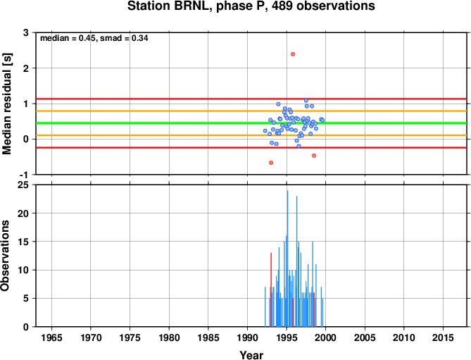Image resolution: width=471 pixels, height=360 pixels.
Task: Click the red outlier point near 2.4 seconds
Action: coord(293,54)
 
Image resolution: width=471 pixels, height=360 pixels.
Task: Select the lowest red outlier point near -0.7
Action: coord(271,163)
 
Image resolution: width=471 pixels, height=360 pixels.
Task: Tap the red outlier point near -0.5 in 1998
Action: coord(314,156)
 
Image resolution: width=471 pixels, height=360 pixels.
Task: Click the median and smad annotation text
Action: coord(94,38)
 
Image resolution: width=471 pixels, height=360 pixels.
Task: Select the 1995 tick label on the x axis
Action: coord(287,337)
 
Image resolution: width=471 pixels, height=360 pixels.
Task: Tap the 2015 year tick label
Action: coord(443,337)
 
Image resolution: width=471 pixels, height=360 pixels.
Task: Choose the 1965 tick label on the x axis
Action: coord(51,337)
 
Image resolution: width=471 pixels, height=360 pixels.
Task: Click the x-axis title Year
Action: coord(251,355)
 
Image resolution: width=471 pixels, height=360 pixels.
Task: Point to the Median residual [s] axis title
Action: coord(6,104)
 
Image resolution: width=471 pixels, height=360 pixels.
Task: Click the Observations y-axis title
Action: coord(5,256)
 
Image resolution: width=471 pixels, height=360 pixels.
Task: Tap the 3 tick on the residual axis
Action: coord(26,32)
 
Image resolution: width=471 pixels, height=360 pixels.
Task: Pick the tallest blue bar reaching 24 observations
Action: coord(287,259)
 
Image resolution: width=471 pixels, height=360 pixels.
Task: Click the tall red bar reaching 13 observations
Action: coord(271,290)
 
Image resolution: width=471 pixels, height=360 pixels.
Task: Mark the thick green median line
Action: coord(251,123)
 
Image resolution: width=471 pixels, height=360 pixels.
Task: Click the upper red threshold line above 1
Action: coord(251,99)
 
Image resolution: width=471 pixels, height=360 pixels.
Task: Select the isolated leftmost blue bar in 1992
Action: coord(265,307)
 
